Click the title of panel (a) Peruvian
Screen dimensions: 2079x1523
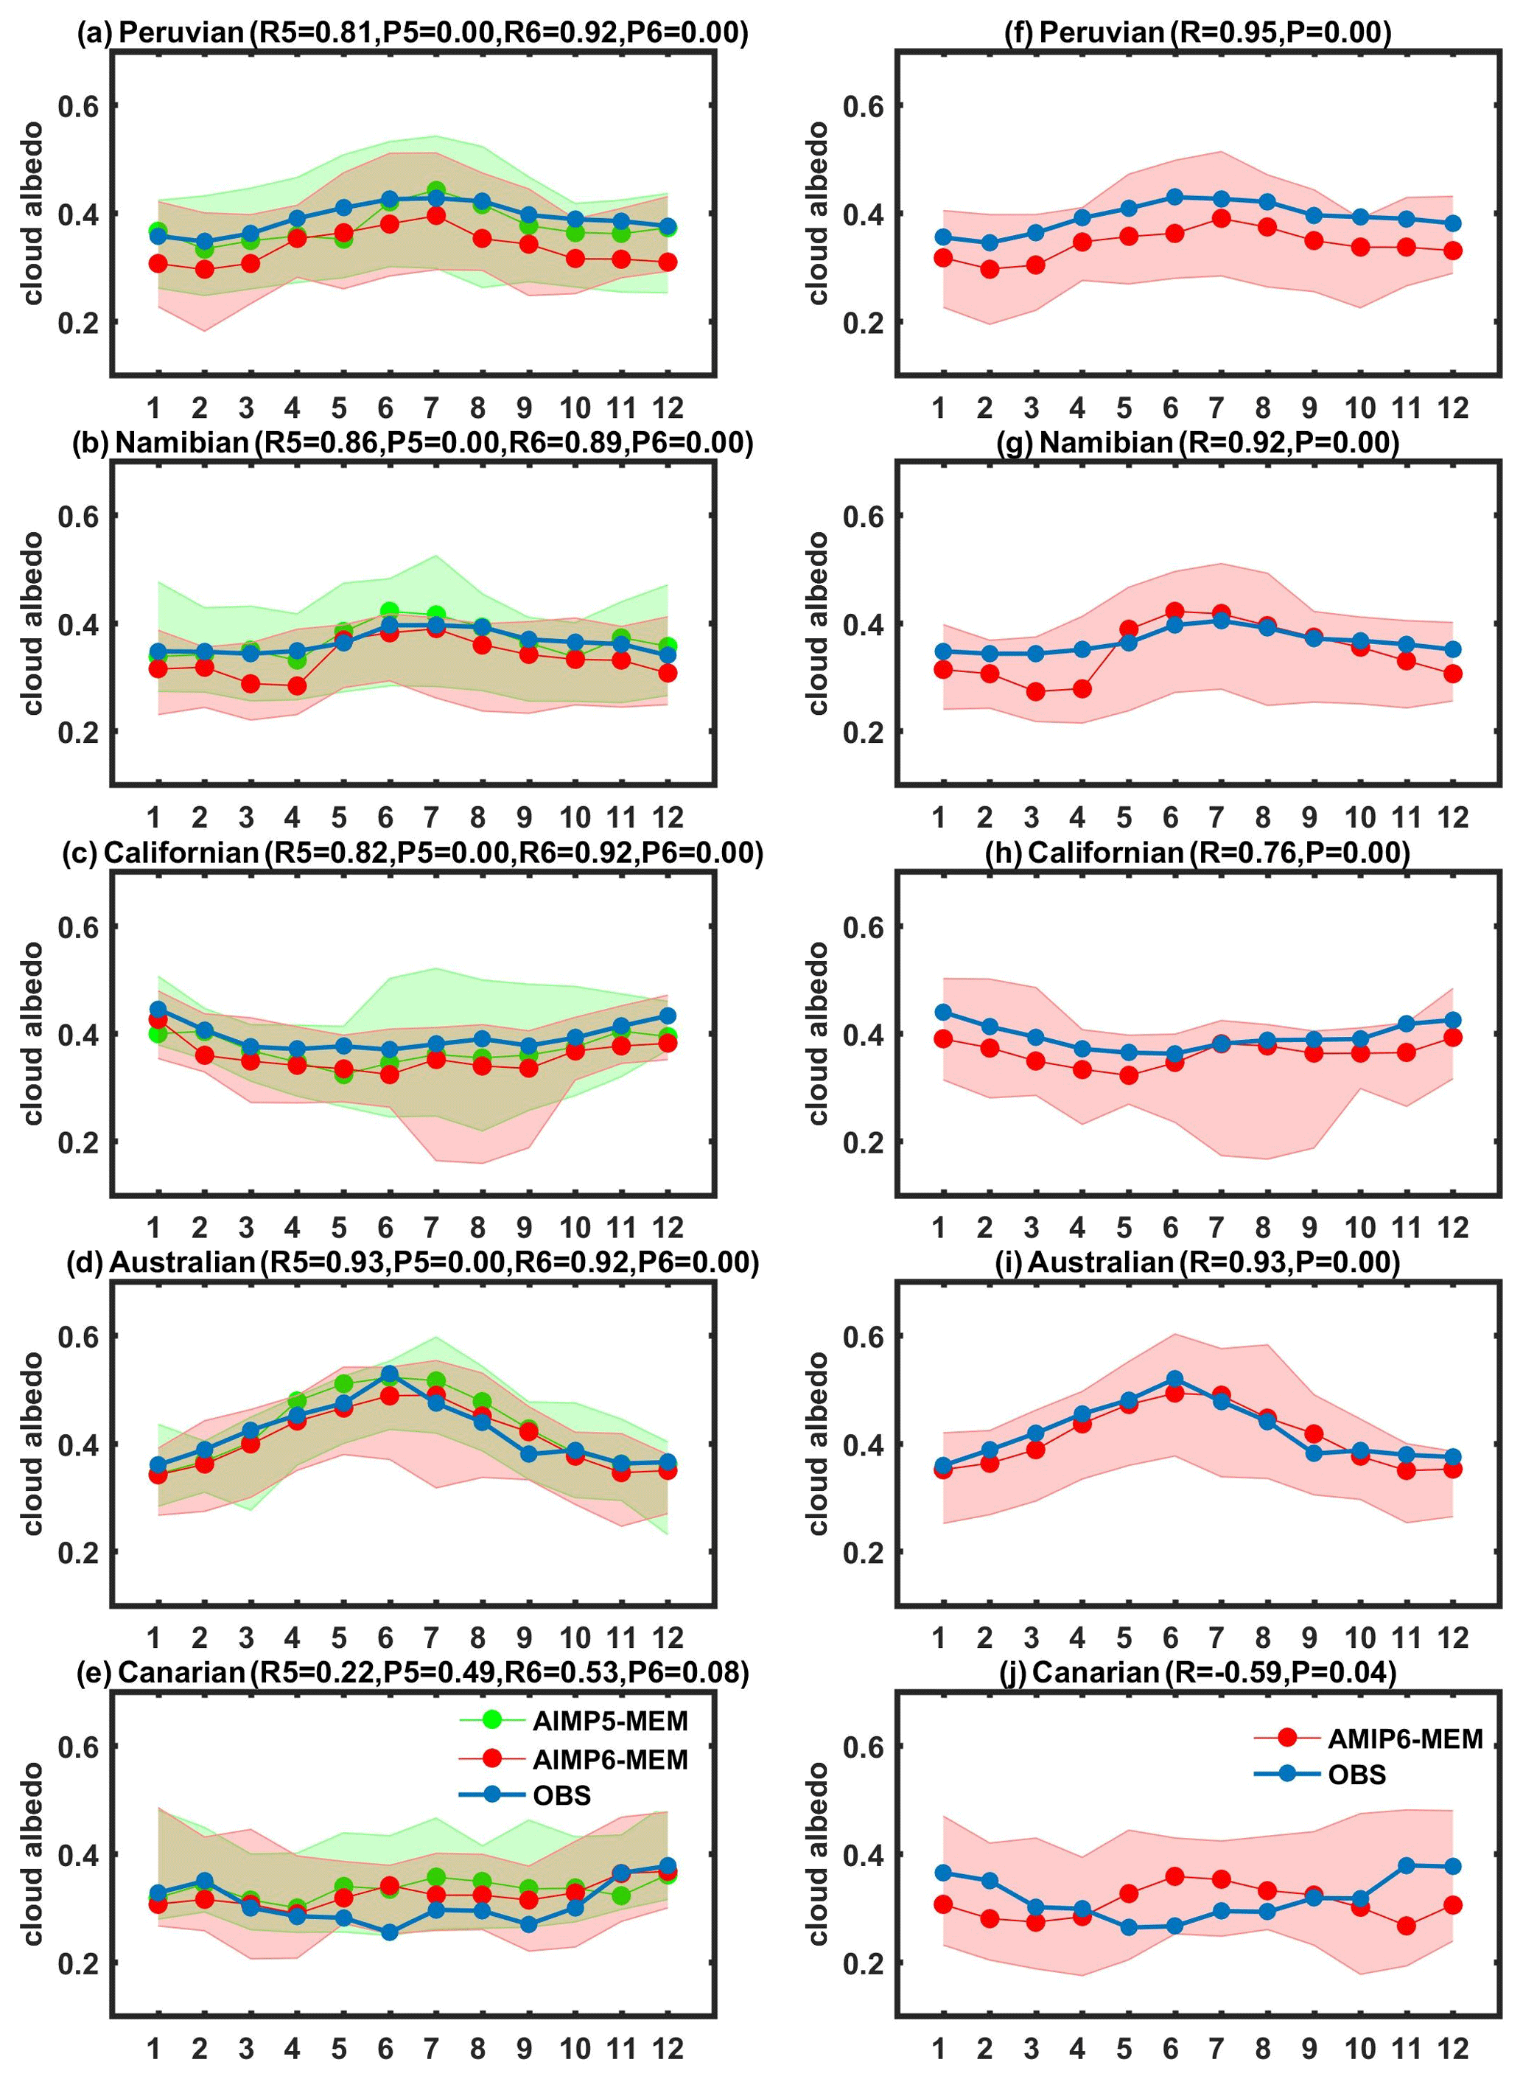pos(412,33)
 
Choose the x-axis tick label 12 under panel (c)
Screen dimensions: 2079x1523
pos(668,1227)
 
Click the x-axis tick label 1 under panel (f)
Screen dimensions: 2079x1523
pos(939,408)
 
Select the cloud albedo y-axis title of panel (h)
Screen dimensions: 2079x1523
pos(818,1032)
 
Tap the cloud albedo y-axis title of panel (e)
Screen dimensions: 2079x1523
pos(33,1853)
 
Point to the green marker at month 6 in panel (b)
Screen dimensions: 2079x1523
pos(389,610)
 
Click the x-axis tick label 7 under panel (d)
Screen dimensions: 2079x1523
pos(432,1638)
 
